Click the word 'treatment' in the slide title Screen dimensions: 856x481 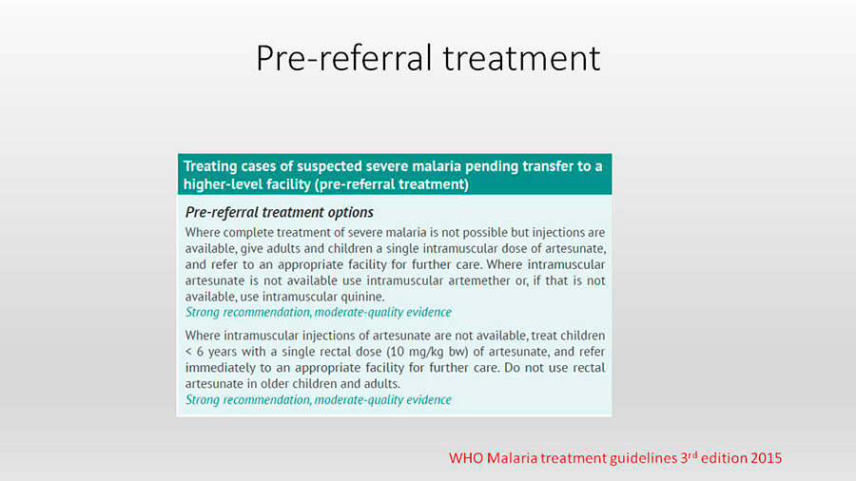[521, 58]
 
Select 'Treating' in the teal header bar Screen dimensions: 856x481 [210, 167]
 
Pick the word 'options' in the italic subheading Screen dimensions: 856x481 [350, 212]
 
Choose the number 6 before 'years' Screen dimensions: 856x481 [200, 352]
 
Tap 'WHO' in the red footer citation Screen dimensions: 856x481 [466, 458]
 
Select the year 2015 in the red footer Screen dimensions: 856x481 [766, 458]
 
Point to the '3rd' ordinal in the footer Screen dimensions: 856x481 [689, 457]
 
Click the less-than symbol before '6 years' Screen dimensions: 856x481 [189, 353]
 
